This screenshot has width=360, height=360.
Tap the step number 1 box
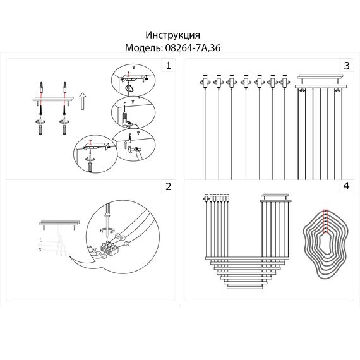[x=167, y=66]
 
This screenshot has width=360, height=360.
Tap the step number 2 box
[x=167, y=186]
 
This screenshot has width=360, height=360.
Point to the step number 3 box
[x=346, y=66]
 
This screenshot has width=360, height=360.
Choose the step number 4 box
[x=346, y=186]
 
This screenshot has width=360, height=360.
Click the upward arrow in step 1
[x=81, y=99]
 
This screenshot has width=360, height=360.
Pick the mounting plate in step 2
[x=60, y=222]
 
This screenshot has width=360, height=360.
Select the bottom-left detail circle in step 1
[x=92, y=153]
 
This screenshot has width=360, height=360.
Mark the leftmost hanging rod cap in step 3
[x=204, y=79]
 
